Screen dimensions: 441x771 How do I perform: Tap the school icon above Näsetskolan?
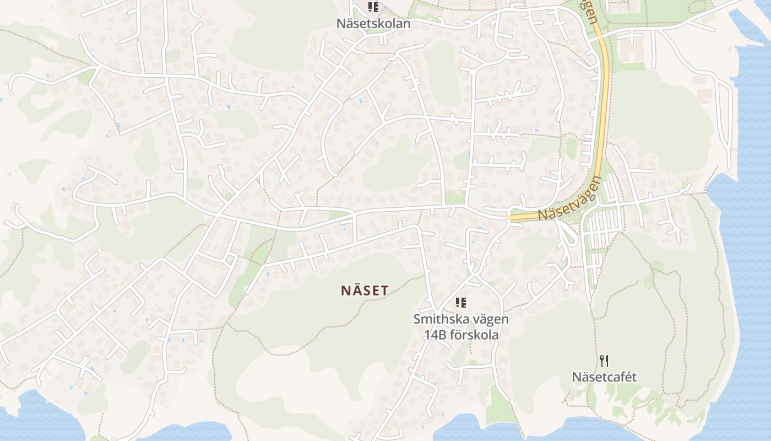(x=374, y=8)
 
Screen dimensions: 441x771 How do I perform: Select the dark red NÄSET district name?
(x=365, y=291)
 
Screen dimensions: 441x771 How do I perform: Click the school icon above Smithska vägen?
(x=461, y=302)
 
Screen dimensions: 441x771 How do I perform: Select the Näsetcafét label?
(x=604, y=377)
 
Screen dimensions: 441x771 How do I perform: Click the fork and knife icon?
(x=604, y=361)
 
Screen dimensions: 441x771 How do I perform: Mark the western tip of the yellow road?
(x=510, y=218)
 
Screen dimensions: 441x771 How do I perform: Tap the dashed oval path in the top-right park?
(x=696, y=7)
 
